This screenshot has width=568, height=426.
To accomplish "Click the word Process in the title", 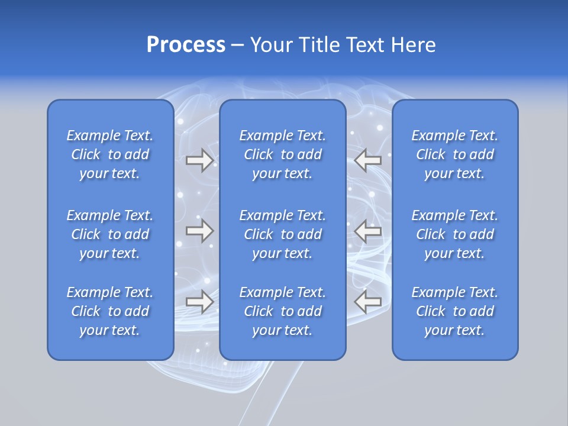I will click(x=186, y=45).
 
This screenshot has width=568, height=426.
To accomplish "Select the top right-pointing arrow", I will click(x=199, y=160).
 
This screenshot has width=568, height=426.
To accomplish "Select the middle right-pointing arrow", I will click(x=199, y=231).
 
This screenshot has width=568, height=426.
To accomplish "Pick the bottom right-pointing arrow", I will click(x=199, y=301).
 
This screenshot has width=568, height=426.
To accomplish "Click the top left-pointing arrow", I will click(x=368, y=160).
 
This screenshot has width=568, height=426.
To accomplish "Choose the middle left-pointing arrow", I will click(x=368, y=231).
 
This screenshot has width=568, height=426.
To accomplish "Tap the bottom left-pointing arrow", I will click(x=368, y=301).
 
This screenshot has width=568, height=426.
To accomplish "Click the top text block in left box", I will click(x=110, y=154).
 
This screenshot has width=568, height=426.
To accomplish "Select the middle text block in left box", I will click(x=110, y=234).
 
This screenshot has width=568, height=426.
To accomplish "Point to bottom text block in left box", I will click(x=110, y=311).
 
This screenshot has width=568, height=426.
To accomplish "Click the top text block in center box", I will click(x=283, y=154).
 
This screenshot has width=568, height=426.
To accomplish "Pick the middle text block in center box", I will click(x=283, y=234).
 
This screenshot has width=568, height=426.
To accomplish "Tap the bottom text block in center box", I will click(x=283, y=311).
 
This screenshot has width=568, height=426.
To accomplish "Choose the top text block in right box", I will click(x=455, y=154).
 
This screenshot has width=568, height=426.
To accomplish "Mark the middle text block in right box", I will click(x=455, y=234).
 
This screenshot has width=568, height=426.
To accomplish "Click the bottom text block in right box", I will click(x=455, y=311).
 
